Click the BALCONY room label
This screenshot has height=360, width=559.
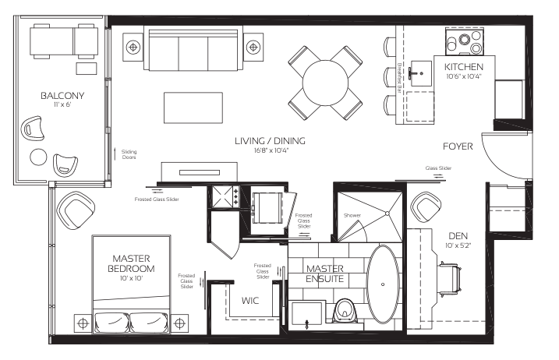tap(62, 96)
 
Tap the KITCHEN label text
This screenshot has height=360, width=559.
tap(464, 67)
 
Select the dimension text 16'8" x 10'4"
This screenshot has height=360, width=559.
tap(271, 150)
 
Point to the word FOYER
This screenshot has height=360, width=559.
tap(458, 146)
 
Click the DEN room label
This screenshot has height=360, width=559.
tap(458, 235)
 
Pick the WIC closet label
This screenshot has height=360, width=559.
tap(250, 301)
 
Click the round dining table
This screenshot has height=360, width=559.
tap(325, 83)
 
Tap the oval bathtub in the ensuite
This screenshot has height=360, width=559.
tap(383, 284)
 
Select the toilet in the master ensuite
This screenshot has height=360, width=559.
tap(345, 310)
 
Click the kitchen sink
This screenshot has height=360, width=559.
tap(421, 73)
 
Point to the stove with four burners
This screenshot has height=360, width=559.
tap(465, 42)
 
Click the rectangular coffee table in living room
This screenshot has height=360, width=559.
tap(193, 108)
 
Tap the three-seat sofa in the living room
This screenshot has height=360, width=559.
tap(193, 50)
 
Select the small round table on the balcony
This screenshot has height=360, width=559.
tap(38, 157)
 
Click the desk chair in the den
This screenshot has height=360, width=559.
tap(451, 280)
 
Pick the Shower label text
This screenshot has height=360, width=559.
tap(352, 215)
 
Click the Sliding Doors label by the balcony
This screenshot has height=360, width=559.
tap(129, 154)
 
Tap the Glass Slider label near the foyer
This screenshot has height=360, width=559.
tap(438, 168)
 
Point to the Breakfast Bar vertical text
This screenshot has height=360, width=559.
tap(399, 78)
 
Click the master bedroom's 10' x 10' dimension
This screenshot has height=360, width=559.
tap(131, 278)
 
